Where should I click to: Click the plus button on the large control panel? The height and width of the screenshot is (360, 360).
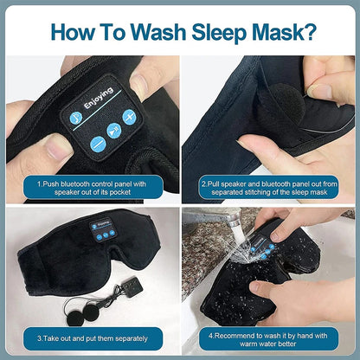129,116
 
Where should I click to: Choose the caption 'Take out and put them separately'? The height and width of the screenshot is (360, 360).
91,337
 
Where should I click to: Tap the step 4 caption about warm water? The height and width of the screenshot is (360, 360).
268,337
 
